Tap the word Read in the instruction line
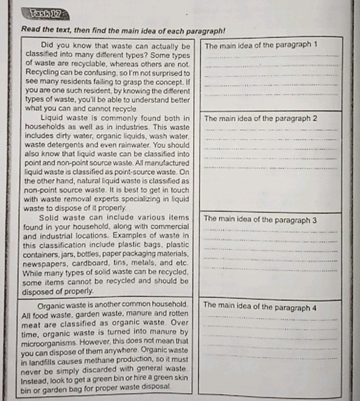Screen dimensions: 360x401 pos(30,30)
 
